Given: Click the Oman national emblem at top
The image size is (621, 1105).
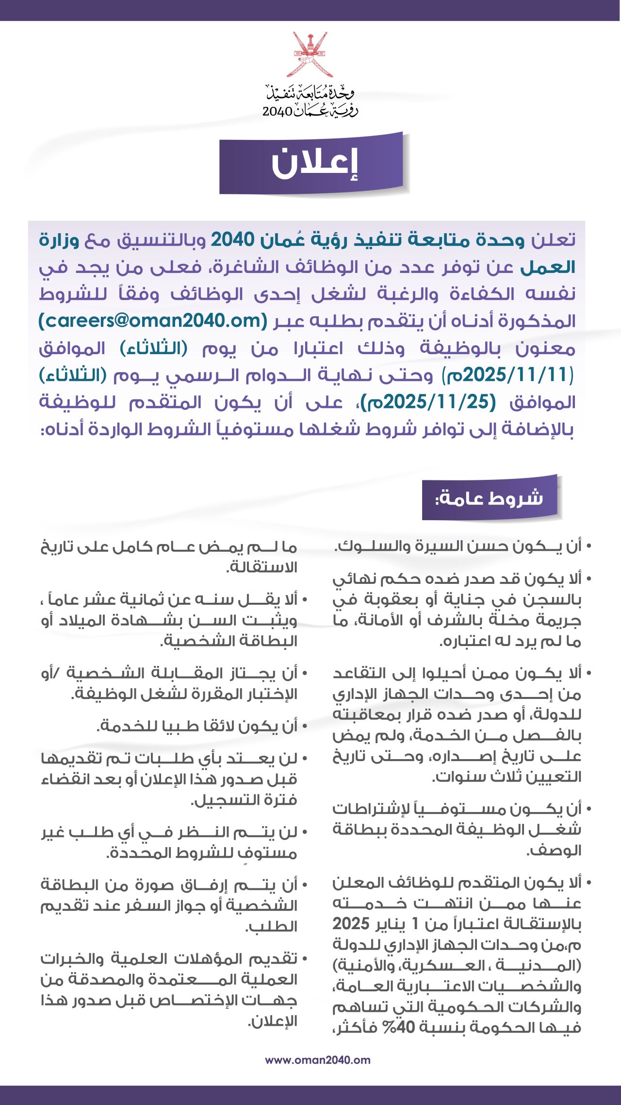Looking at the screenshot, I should [x=310, y=54].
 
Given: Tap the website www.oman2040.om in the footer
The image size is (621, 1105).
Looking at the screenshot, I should [x=317, y=1060].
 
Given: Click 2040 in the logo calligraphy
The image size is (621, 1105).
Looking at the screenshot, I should [x=278, y=111].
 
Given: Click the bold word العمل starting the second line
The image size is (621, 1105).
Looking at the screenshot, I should [x=548, y=267].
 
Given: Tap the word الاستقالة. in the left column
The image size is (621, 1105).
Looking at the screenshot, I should [x=262, y=567].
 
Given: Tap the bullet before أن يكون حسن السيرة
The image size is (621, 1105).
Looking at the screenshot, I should [x=588, y=547].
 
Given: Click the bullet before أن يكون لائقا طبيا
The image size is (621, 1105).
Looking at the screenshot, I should [x=304, y=727].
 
